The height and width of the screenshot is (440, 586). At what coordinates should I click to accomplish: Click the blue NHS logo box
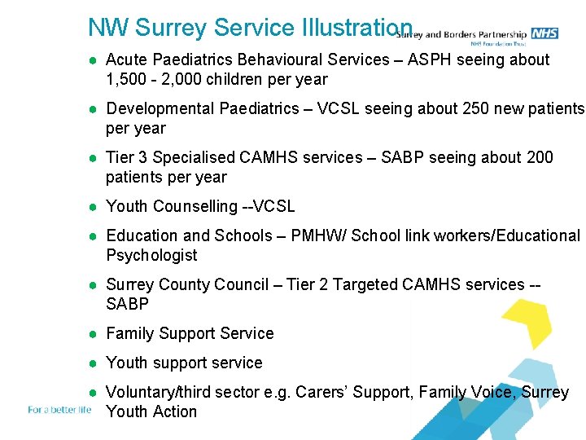544,33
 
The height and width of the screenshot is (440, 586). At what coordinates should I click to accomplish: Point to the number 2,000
186,79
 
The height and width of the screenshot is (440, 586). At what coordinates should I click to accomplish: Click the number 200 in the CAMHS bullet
539,157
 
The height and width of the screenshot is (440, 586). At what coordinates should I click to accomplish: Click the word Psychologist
151,255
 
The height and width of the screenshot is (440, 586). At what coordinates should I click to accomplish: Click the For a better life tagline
59,410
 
